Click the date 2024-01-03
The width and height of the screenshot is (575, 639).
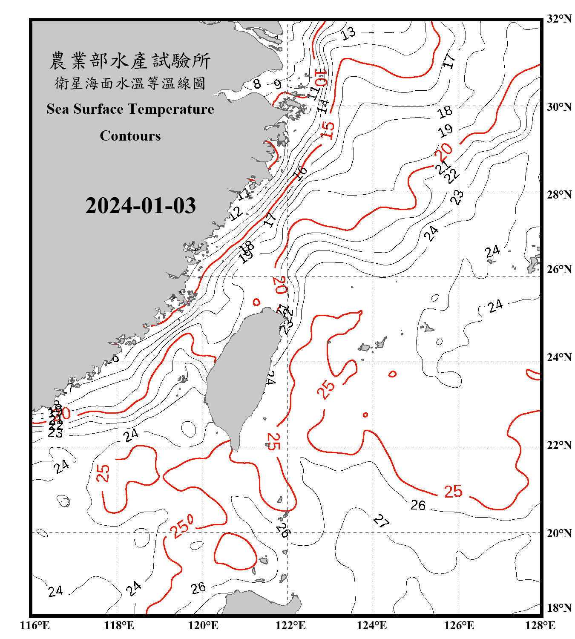[x=141, y=206]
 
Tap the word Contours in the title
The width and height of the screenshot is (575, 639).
[x=130, y=136]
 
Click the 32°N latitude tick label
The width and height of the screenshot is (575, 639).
[x=559, y=19]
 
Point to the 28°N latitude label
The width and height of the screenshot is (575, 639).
[x=559, y=195]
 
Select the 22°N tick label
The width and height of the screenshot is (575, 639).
[x=559, y=445]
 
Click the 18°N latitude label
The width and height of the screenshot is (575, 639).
[x=559, y=608]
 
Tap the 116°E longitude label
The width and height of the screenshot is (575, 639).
[x=35, y=625]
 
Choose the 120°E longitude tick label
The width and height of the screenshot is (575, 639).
[x=203, y=625]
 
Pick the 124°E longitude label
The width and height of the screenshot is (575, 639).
[x=372, y=625]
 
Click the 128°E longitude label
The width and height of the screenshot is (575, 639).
[x=540, y=625]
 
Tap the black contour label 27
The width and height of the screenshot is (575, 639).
[x=381, y=521]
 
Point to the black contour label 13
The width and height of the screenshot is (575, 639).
[x=348, y=33]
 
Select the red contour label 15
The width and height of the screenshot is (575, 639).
[x=327, y=130]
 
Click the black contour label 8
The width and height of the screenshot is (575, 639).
[x=257, y=83]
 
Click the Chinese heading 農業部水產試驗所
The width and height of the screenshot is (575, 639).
[x=130, y=61]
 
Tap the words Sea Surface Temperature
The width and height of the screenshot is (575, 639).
[x=130, y=109]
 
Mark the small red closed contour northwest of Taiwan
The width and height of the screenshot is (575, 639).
[x=256, y=302]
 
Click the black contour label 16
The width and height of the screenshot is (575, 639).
[x=300, y=173]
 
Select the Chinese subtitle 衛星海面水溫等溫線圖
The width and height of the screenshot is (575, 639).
[x=130, y=83]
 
